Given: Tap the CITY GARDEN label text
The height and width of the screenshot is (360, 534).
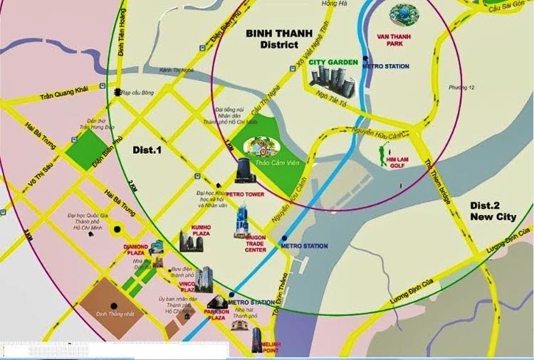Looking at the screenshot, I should (333, 62).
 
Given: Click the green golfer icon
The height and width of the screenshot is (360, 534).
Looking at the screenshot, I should (384, 153).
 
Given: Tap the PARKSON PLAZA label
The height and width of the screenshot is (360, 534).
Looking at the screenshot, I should (216, 315).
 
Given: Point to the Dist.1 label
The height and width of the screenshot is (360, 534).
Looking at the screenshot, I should (147, 150).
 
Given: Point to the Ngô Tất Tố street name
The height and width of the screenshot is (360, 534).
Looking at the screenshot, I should (331, 95).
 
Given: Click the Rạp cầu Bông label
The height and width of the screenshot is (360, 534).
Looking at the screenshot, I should (138, 92).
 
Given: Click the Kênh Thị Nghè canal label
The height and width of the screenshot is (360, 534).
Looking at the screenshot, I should (177, 70).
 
